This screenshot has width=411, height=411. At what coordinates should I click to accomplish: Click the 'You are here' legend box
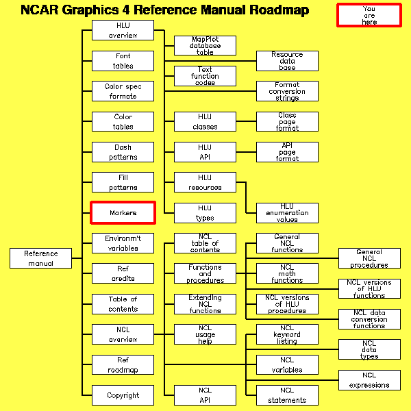point(369,15)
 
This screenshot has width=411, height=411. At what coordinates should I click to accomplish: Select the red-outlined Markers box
point(123,213)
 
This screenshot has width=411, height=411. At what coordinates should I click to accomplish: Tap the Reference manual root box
point(41,258)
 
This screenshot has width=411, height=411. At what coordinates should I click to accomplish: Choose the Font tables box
point(123,61)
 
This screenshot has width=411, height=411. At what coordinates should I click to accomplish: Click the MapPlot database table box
point(205,46)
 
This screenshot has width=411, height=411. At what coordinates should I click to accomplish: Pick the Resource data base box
point(287,61)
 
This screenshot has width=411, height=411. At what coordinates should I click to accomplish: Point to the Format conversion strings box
point(287,91)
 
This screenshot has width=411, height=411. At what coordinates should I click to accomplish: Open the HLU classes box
point(205,122)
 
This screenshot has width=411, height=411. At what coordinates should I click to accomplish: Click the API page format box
point(287,152)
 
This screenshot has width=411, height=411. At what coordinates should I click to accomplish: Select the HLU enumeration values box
point(287,213)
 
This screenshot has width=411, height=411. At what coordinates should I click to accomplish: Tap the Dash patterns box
point(123,152)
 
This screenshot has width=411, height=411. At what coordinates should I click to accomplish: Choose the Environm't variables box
point(123,243)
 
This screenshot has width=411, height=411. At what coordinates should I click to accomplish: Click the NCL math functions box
point(287,273)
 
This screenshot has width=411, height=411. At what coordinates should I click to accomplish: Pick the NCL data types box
point(369,349)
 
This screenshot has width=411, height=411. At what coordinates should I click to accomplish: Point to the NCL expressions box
point(369,380)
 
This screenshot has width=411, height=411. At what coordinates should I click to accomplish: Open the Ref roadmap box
point(123,365)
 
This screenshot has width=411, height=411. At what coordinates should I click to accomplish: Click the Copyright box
point(123,395)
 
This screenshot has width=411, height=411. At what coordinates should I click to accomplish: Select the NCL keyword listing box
point(287,334)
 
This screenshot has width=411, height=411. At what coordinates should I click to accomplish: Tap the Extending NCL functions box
point(205,304)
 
